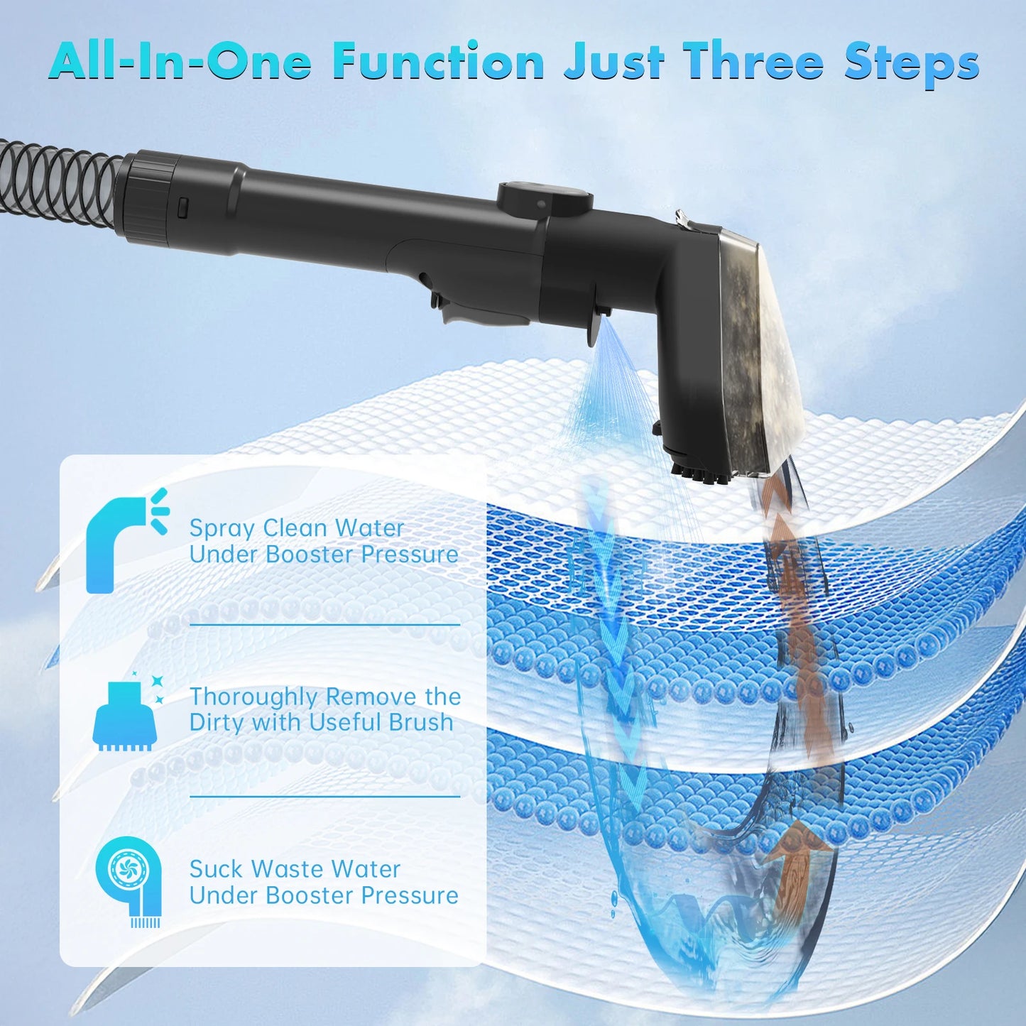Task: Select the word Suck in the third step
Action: click(216, 870)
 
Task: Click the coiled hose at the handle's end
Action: click(58, 191)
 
